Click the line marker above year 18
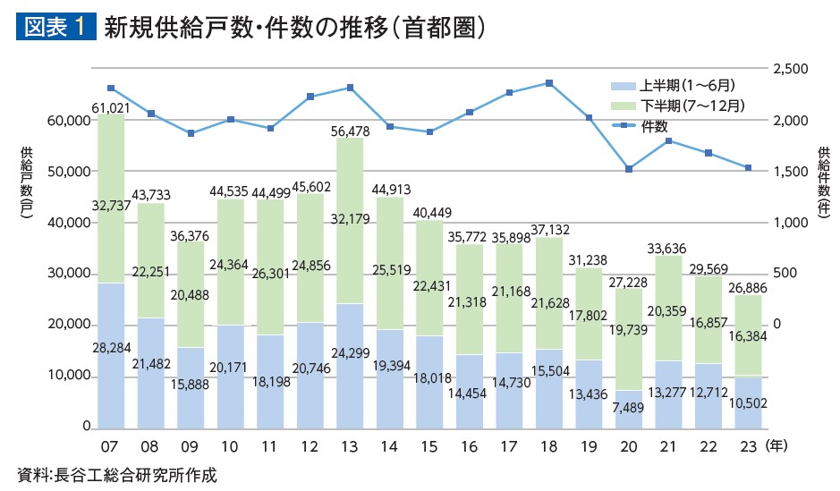(548, 83)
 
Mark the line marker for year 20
(628, 168)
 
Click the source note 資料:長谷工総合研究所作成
(117, 475)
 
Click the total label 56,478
(350, 131)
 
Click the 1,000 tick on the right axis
(791, 223)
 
